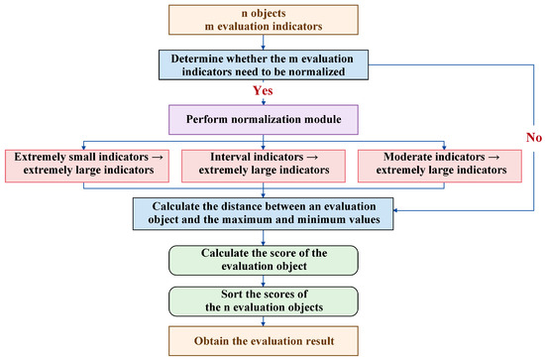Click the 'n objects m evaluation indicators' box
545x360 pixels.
click(x=264, y=20)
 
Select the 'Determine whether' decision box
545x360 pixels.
click(x=264, y=65)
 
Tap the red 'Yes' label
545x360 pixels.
click(x=263, y=91)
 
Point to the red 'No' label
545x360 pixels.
click(x=534, y=138)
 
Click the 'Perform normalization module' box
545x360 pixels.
click(x=264, y=120)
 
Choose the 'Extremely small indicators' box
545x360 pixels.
click(x=87, y=166)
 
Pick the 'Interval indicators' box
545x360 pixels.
click(x=264, y=166)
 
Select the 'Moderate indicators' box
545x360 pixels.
click(x=440, y=166)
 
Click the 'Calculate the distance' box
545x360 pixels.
click(x=264, y=214)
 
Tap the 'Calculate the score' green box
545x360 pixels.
click(x=264, y=260)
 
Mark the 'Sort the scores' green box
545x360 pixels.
click(x=264, y=301)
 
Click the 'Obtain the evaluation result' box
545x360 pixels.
click(x=264, y=341)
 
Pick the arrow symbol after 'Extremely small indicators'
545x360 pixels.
click(x=158, y=158)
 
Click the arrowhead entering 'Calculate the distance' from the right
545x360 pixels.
click(x=395, y=210)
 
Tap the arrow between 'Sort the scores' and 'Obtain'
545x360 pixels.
click(x=264, y=321)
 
